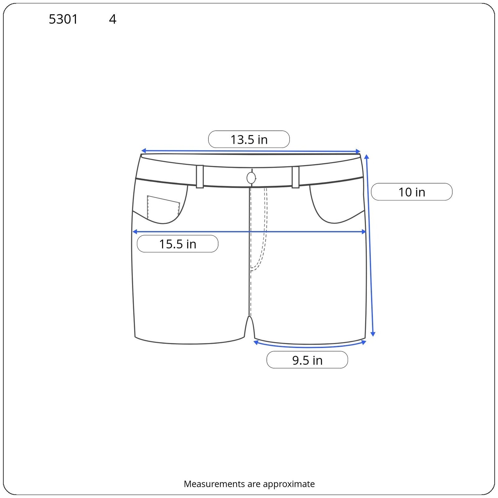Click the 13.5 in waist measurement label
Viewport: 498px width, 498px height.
[249, 139]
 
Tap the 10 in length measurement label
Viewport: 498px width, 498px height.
[411, 192]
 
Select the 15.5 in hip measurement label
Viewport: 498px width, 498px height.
[177, 244]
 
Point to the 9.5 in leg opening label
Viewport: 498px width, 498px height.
[307, 360]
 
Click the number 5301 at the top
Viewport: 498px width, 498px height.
[63, 19]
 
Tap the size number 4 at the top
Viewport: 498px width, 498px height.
[113, 19]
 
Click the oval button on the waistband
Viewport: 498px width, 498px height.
[251, 178]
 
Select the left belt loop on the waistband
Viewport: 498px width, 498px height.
[200, 176]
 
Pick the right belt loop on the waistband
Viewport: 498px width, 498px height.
[295, 177]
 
